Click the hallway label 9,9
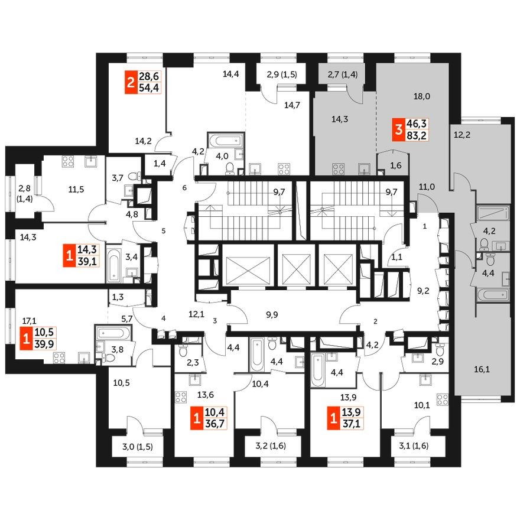(x=272, y=315)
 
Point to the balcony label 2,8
(x=24, y=188)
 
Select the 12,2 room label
(x=463, y=135)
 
